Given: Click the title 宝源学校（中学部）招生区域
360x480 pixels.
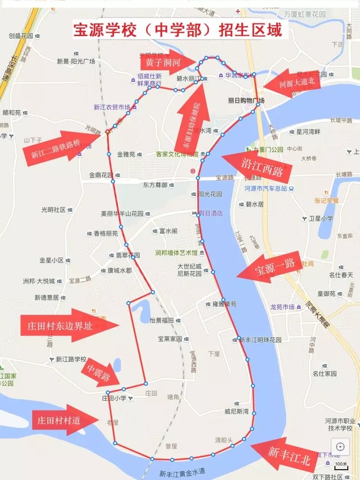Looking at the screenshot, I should (x=179, y=31).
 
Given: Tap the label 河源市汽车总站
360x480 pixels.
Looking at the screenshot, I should (x=266, y=188).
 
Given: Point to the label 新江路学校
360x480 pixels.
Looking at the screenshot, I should (x=70, y=359).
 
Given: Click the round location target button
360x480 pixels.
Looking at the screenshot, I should (x=340, y=446).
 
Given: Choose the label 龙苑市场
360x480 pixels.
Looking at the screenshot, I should (x=282, y=307).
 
